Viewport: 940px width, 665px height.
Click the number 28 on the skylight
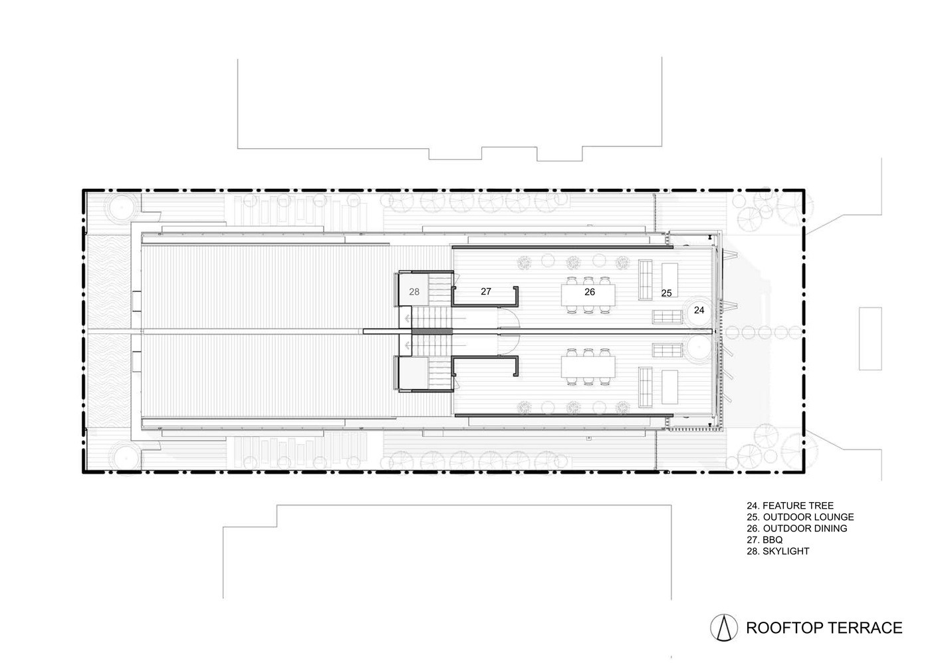413,291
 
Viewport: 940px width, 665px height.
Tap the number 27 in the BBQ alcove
485,291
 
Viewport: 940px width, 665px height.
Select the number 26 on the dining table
589,292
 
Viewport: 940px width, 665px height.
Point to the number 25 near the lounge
666,293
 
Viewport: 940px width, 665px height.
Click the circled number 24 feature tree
699,311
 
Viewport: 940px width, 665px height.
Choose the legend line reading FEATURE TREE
790,505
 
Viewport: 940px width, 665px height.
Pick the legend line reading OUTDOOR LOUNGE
800,517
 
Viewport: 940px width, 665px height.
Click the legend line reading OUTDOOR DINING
796,528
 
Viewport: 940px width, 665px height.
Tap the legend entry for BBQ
764,539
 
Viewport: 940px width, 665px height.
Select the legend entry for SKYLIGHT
778,551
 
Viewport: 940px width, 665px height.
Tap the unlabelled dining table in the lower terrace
588,366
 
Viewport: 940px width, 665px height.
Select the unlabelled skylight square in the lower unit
413,373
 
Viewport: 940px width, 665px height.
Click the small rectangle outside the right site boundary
870,338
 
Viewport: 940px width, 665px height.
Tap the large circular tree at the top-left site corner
121,207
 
